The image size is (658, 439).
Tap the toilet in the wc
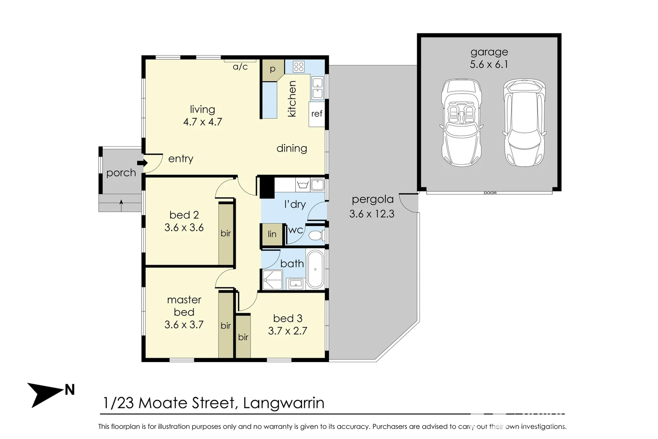tap(317, 235)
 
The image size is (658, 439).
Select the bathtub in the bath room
tap(315, 269)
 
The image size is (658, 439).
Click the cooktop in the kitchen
tap(299, 67)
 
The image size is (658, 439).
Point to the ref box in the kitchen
tap(317, 114)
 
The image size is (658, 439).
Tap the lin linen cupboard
tap(272, 235)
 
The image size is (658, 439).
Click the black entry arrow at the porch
tap(143, 163)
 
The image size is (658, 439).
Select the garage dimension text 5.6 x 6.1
tap(489, 64)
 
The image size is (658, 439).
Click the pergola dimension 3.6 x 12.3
tap(372, 214)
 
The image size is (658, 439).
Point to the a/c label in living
tap(240, 67)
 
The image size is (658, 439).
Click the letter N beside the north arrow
tap(69, 390)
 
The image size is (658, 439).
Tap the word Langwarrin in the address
tap(284, 403)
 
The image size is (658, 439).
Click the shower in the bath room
tap(272, 280)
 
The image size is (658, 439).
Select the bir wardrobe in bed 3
tap(243, 337)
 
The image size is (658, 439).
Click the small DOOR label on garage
tap(490, 193)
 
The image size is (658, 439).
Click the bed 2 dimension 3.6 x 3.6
tap(184, 228)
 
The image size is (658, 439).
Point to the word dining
tap(292, 148)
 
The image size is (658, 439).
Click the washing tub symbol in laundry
tap(303, 185)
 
